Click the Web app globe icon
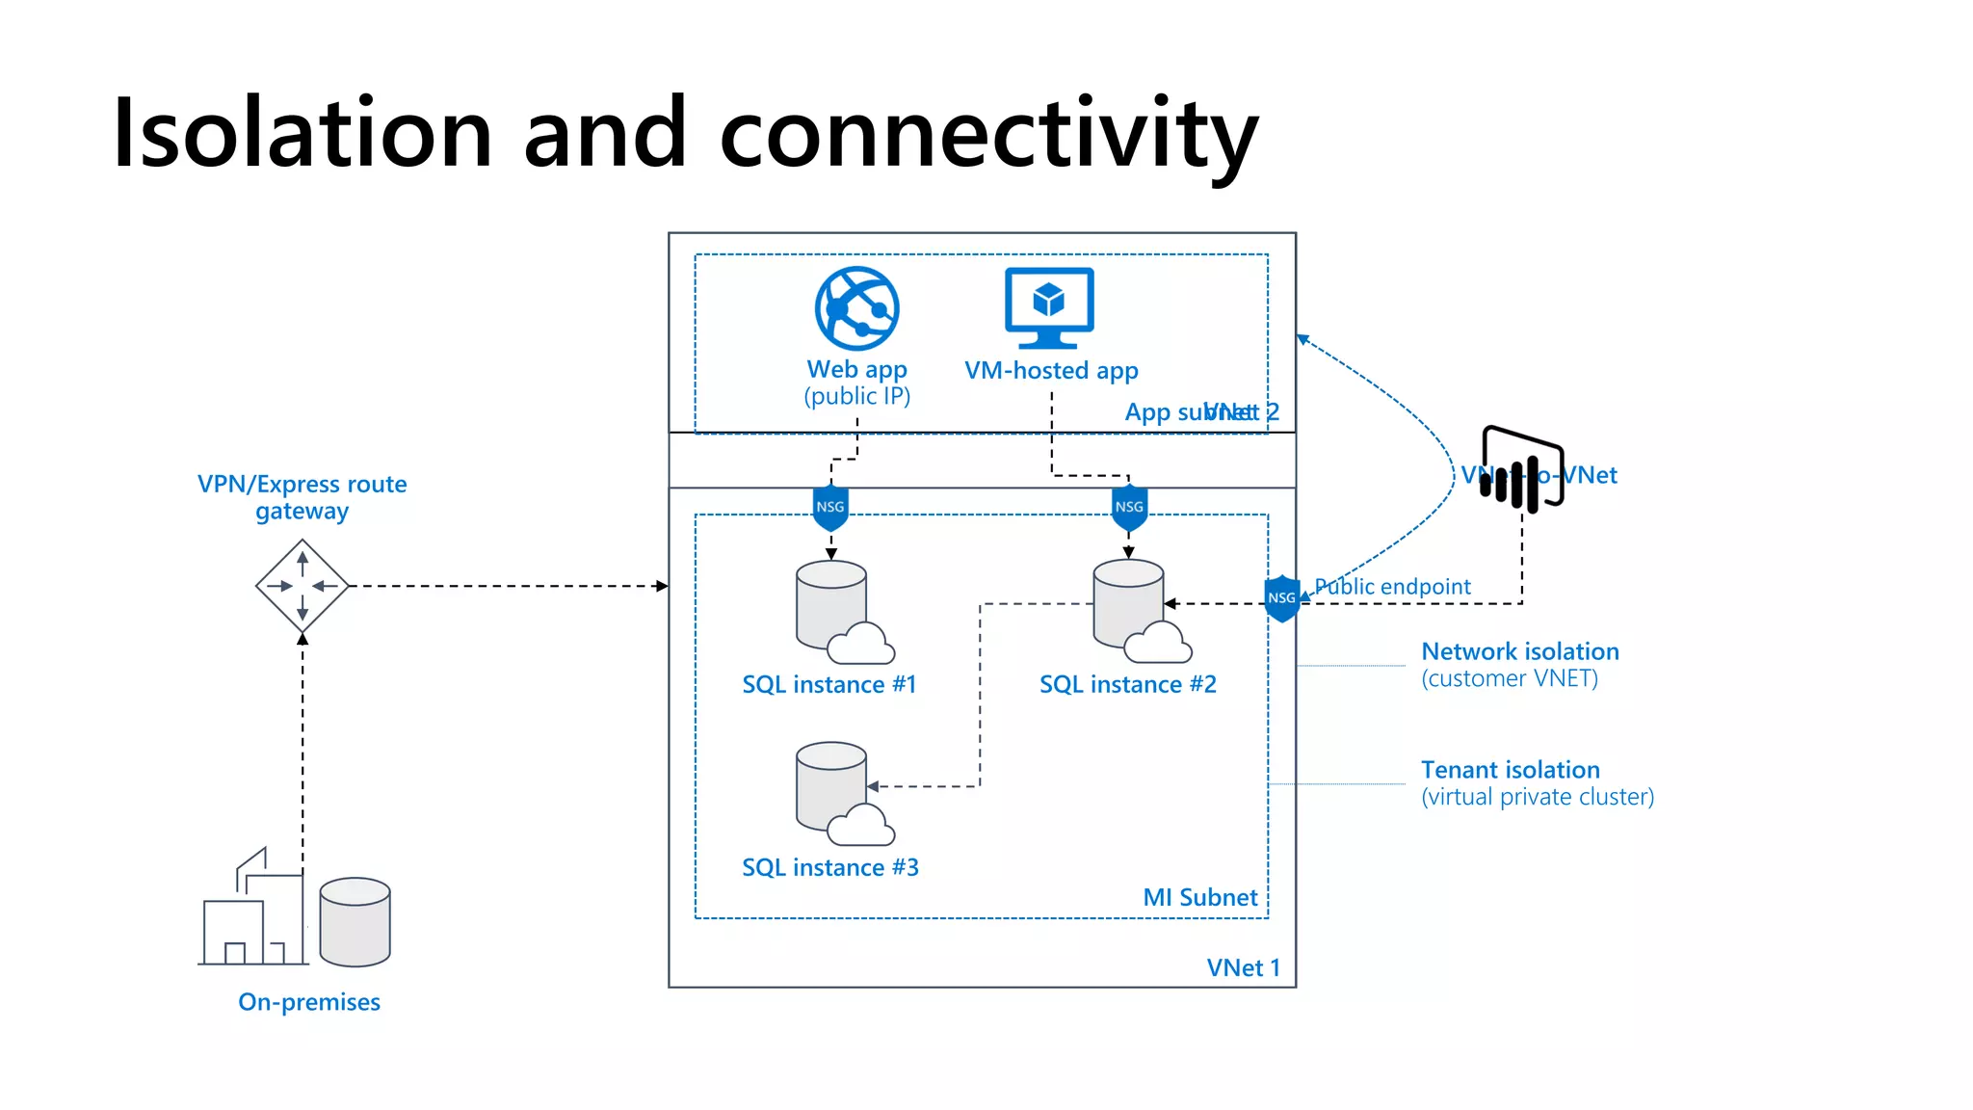pyautogui.click(x=856, y=308)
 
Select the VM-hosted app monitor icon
pyautogui.click(x=1049, y=306)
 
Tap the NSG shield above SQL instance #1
pyautogui.click(x=830, y=508)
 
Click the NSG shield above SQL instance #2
pyautogui.click(x=1129, y=508)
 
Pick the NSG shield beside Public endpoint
pyautogui.click(x=1281, y=598)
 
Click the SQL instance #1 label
pyautogui.click(x=829, y=684)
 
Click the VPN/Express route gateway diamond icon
pyautogui.click(x=303, y=586)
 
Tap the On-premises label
pyautogui.click(x=309, y=1002)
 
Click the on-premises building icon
pyautogui.click(x=252, y=911)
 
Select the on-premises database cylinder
pyautogui.click(x=355, y=921)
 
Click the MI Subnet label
pyautogui.click(x=1199, y=897)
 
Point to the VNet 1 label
pyautogui.click(x=1243, y=967)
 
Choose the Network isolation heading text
pyautogui.click(x=1519, y=651)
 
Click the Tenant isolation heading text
pyautogui.click(x=1510, y=770)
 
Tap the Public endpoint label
pyautogui.click(x=1392, y=586)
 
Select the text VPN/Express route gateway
pyautogui.click(x=302, y=496)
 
